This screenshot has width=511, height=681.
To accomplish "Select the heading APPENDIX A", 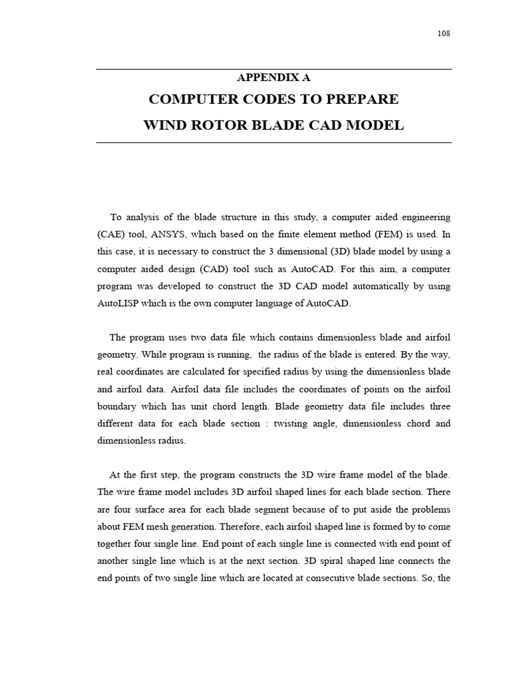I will [x=273, y=78].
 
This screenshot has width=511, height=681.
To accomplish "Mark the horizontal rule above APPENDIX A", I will [x=273, y=70].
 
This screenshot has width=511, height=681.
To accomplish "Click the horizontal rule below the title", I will [x=273, y=142].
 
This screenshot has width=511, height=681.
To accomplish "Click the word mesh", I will [x=159, y=527].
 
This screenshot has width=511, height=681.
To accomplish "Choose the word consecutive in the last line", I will [x=329, y=579].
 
